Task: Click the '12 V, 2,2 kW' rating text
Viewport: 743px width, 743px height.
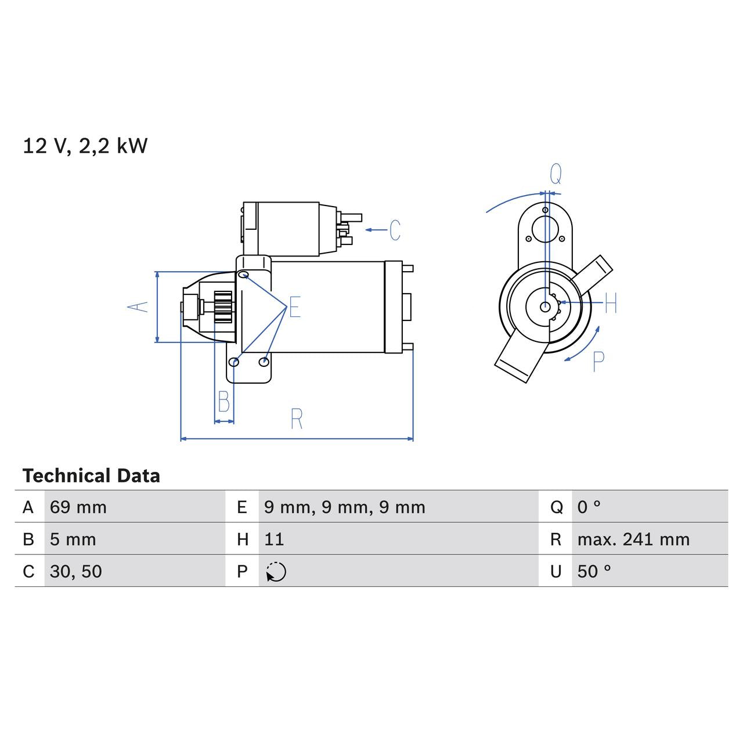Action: click(x=85, y=146)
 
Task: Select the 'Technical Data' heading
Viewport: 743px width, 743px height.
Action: click(x=91, y=476)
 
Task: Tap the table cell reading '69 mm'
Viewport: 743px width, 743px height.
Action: click(x=78, y=507)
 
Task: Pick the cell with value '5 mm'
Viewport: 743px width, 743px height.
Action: click(x=73, y=539)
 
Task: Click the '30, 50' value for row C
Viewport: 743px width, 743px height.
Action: click(x=76, y=571)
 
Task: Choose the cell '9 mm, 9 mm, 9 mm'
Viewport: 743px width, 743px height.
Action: click(x=344, y=507)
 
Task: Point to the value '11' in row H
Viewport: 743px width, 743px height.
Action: click(x=274, y=539)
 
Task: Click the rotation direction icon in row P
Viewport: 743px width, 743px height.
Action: click(x=276, y=572)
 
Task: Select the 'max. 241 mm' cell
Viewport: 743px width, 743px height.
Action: click(x=633, y=539)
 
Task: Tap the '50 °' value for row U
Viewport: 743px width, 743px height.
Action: click(x=594, y=571)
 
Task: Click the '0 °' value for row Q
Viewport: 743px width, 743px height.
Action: click(x=589, y=507)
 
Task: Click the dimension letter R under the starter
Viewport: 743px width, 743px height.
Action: click(x=297, y=419)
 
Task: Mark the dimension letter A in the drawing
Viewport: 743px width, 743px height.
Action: click(x=138, y=306)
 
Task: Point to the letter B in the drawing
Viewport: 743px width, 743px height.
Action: click(x=223, y=402)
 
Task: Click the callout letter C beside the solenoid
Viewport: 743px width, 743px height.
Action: click(x=395, y=230)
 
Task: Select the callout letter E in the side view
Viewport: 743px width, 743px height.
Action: click(x=295, y=307)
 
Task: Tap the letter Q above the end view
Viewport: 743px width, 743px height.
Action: click(x=556, y=174)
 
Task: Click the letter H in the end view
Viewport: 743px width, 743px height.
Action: click(x=610, y=303)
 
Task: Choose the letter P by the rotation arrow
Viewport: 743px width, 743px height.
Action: click(x=598, y=362)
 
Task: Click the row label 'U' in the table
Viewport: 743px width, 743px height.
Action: click(x=556, y=571)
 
